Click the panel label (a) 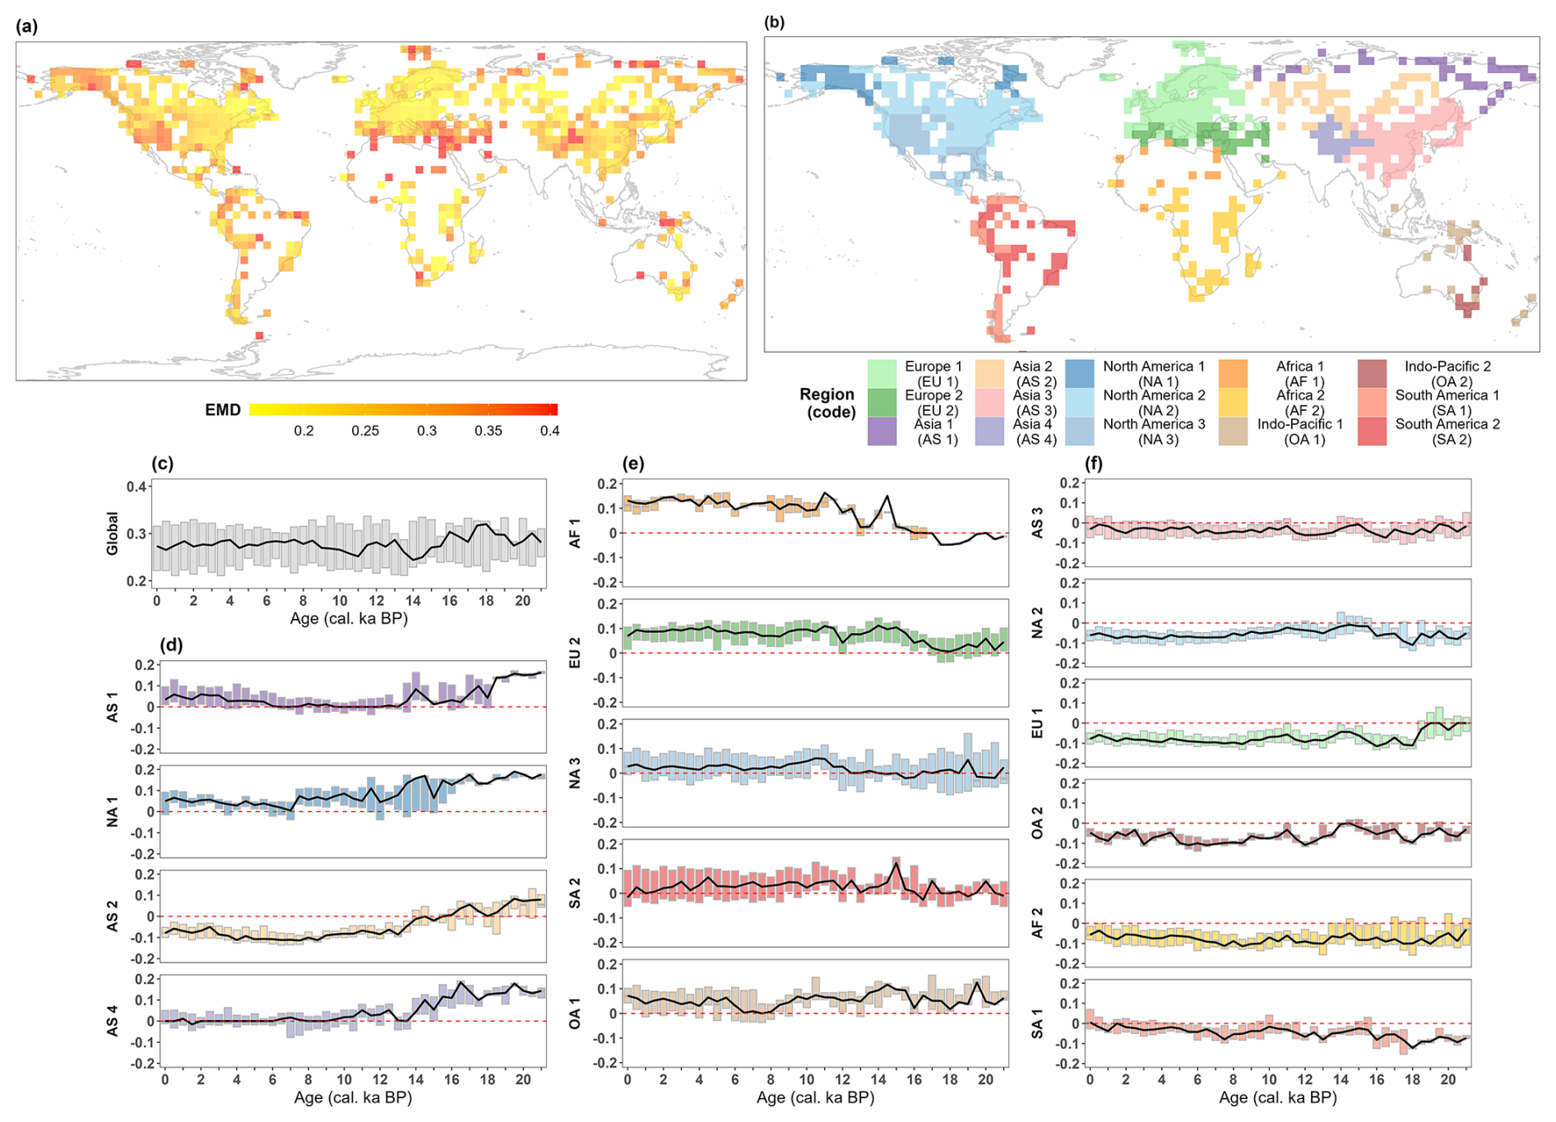point(27,26)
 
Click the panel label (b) point(774,22)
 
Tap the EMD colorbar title point(222,409)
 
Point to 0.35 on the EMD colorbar point(488,431)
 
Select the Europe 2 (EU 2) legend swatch point(882,403)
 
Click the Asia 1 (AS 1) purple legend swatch point(882,432)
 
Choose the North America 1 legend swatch point(1080,374)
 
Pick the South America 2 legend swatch point(1372,432)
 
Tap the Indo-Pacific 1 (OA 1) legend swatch point(1233,432)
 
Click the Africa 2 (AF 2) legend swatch point(1233,403)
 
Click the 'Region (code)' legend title point(827,403)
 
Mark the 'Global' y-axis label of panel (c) point(113,533)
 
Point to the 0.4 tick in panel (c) point(137,487)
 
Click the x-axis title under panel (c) point(349,618)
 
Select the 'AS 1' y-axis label point(113,707)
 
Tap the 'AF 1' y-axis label point(575,533)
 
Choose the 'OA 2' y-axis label point(1037,823)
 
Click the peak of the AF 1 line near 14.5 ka point(887,496)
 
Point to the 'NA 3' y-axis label point(575,773)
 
